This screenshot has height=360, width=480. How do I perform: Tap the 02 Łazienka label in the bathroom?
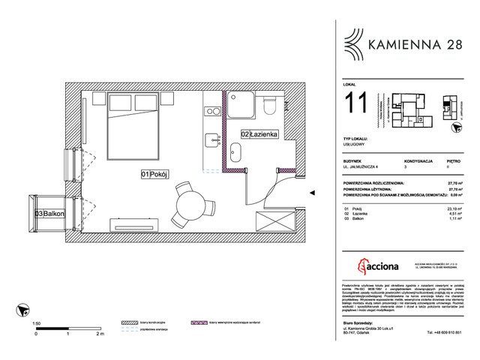pos(259,133)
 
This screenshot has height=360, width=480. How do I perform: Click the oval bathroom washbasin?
pos(235,156)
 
